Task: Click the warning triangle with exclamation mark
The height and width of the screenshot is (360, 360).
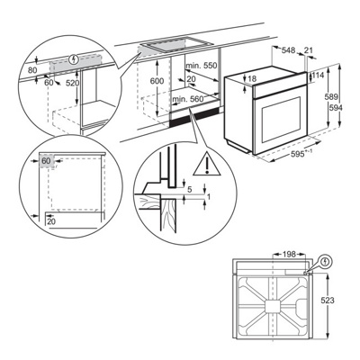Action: [x=208, y=165]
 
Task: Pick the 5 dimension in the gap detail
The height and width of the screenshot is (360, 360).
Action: [x=191, y=190]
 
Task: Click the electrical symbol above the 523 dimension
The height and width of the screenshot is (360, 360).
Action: [x=324, y=264]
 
